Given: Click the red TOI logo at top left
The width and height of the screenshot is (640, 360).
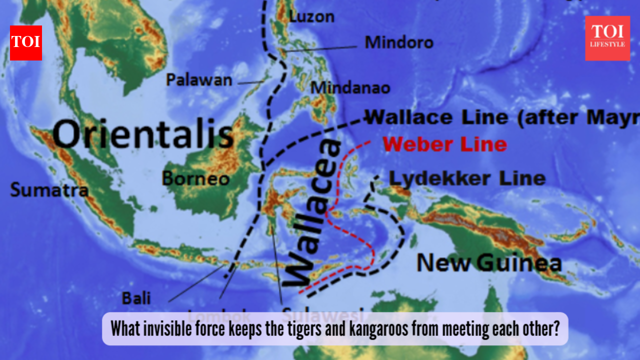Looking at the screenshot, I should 25,42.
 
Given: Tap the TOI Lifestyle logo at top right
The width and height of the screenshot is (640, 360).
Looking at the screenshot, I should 607,38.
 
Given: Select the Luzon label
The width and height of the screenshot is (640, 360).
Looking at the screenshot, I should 311,16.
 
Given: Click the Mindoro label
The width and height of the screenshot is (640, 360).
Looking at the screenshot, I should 399,42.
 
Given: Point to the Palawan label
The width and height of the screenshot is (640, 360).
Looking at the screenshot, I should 199,79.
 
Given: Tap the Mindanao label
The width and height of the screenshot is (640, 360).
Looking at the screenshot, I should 350,88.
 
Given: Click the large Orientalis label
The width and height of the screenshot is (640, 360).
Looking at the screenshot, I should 143,135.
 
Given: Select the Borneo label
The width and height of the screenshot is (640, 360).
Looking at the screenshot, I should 195,178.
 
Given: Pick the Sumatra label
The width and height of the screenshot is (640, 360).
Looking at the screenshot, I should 49,190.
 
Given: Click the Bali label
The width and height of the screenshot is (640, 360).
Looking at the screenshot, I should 136,298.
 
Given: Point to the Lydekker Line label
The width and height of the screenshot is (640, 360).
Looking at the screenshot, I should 467,178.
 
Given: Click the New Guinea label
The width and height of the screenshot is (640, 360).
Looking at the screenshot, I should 488,262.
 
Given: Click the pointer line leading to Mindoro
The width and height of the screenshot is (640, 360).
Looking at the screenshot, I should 320,48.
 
